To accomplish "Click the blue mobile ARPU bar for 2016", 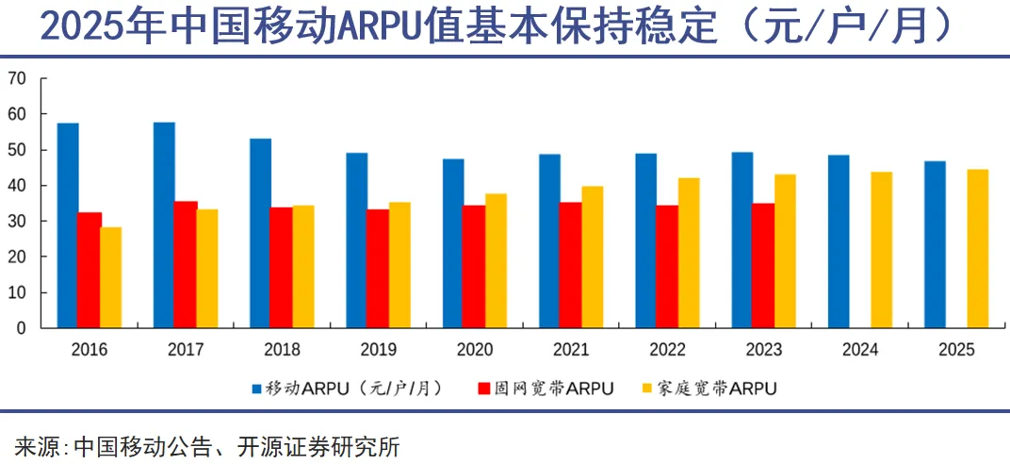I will coord(68,225).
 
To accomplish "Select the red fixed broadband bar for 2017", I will coord(186,265).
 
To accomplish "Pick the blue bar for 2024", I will coord(839,241).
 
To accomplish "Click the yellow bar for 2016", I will coord(111,277).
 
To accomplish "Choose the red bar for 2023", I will coord(763,266).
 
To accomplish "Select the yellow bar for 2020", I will coord(496,261).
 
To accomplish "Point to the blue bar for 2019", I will coord(356,240).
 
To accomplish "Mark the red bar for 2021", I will coord(571,265).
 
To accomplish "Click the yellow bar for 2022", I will coord(689,253).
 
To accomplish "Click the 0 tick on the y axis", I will coord(21,328).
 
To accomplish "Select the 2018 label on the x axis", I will coord(282,350).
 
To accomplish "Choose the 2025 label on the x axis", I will coord(956,350).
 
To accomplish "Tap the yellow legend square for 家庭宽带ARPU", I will coord(647,389).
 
